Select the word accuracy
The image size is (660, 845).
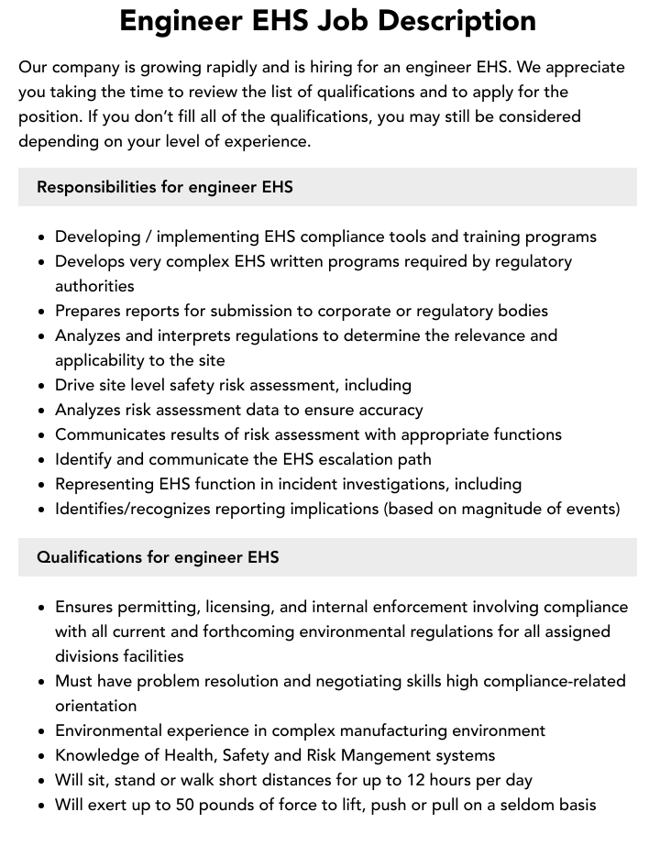click(x=386, y=410)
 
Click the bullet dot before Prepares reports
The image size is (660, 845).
click(x=42, y=312)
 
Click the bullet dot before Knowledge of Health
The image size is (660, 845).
click(x=42, y=756)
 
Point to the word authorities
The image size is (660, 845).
click(x=94, y=286)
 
